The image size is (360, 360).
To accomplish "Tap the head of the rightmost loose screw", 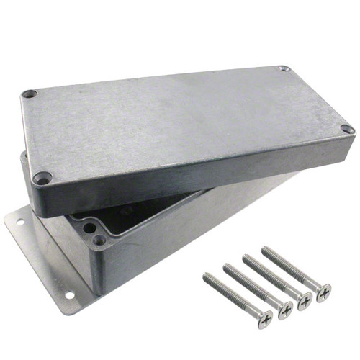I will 324,292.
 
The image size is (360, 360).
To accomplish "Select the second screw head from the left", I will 286,310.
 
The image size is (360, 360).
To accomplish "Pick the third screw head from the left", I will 305,301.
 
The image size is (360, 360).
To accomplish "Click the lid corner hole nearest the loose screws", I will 347,130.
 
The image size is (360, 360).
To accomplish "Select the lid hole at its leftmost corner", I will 29,94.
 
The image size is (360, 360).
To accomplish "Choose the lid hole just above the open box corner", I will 43,176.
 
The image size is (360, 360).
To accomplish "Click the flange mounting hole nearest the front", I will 69,294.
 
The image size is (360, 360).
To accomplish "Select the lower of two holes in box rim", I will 99,238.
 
